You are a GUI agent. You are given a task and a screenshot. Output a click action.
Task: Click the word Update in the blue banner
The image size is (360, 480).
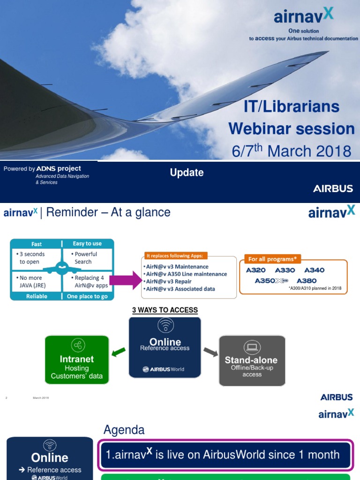(x=187, y=172)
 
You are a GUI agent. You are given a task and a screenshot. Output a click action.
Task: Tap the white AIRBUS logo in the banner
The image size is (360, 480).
(x=333, y=189)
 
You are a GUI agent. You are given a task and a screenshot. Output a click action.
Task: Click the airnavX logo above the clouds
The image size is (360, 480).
(x=304, y=17)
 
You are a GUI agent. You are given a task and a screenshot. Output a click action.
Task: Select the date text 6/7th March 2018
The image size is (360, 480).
(x=292, y=151)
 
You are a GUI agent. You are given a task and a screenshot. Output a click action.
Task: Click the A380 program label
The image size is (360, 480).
(x=307, y=281)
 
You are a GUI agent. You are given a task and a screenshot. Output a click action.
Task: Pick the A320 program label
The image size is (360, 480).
(x=255, y=270)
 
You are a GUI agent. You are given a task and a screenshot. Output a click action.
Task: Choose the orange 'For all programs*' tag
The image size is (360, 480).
(x=272, y=259)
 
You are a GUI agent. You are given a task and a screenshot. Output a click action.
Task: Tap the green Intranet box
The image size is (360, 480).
(x=76, y=360)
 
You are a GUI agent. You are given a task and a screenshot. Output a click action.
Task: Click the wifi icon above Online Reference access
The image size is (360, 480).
(x=165, y=325)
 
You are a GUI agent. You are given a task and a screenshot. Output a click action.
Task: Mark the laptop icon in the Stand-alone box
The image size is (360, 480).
(x=252, y=347)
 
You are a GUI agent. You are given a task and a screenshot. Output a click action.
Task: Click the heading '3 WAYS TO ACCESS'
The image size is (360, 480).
(x=165, y=310)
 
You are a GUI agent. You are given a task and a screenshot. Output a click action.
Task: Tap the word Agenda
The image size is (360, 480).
(x=124, y=430)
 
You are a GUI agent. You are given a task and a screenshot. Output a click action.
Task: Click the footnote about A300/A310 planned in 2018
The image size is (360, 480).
(x=315, y=289)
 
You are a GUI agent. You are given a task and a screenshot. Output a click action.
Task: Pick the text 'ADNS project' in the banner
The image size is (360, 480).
(x=59, y=168)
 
